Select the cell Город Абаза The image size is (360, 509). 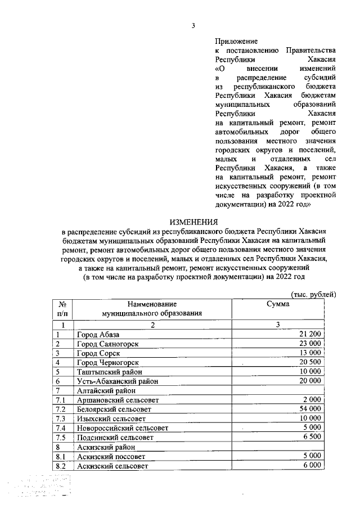[98, 335]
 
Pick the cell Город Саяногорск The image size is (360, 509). [108, 344]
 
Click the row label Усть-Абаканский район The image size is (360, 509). [117, 381]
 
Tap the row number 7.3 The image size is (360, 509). [61, 419]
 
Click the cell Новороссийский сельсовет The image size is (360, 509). [120, 429]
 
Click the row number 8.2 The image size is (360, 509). [61, 466]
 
